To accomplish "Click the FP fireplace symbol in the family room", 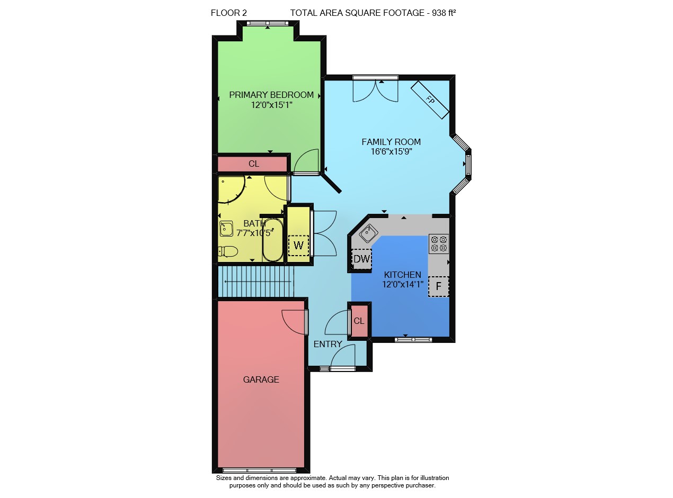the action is (430, 99).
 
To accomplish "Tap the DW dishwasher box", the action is (362, 259).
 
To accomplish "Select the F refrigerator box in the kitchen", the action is (438, 286).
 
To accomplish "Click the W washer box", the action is (298, 245).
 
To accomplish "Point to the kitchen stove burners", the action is (439, 243).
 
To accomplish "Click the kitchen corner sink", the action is (368, 233).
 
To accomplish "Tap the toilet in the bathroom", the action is (227, 251).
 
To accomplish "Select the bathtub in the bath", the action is (273, 240).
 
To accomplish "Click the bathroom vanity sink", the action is (226, 229).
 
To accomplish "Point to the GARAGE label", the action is (261, 379).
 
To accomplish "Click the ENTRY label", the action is (327, 344).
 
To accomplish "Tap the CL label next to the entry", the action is (359, 321).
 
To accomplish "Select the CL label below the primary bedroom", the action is (254, 164).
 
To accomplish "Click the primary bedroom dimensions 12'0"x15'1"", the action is (271, 105).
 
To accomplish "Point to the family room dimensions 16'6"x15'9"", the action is (391, 151).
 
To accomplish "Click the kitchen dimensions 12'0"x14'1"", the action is (403, 284).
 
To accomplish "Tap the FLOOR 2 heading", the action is (229, 13).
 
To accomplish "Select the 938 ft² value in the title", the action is (444, 13).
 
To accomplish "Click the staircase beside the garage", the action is (256, 281).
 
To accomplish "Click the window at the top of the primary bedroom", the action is (267, 23).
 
